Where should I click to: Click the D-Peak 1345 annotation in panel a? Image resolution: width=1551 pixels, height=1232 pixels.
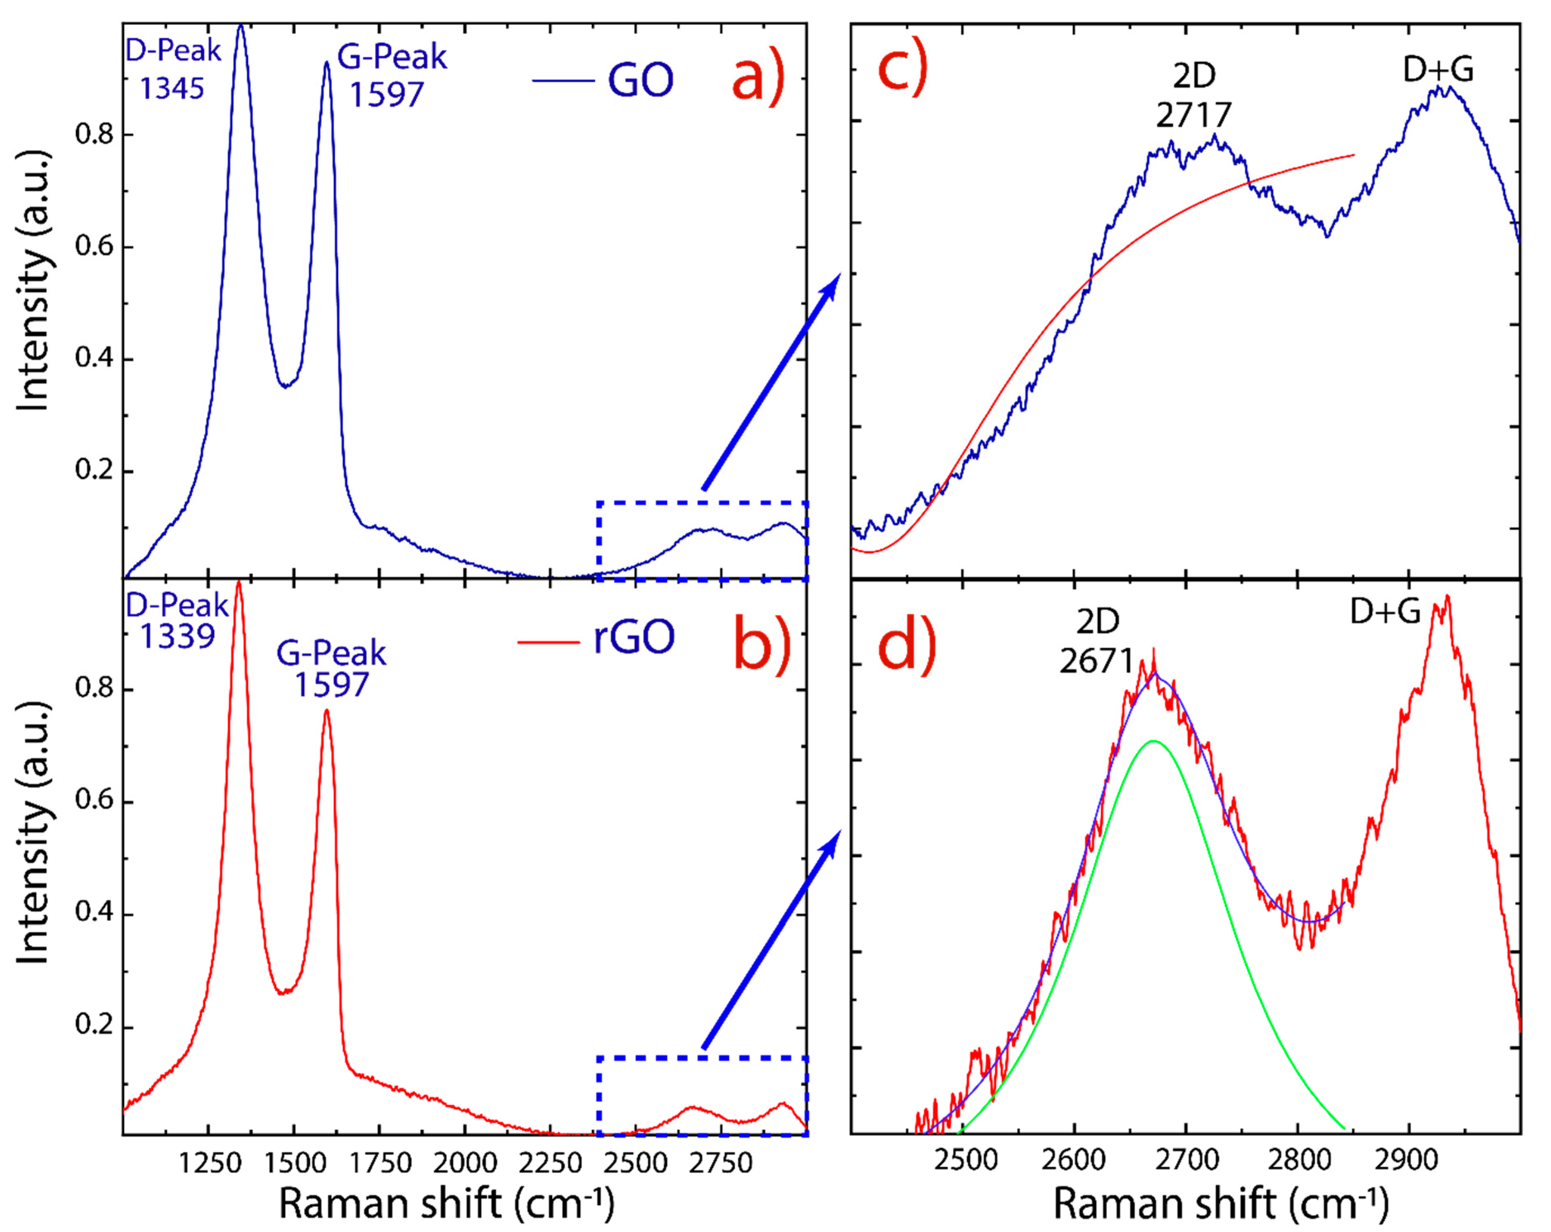(173, 70)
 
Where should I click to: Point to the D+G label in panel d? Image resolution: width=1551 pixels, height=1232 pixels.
(1385, 612)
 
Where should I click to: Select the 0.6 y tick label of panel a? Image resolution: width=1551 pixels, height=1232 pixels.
(95, 247)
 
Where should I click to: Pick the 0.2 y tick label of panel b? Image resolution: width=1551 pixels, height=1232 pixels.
(95, 1025)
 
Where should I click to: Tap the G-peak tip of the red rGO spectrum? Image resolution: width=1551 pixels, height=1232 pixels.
(326, 711)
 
